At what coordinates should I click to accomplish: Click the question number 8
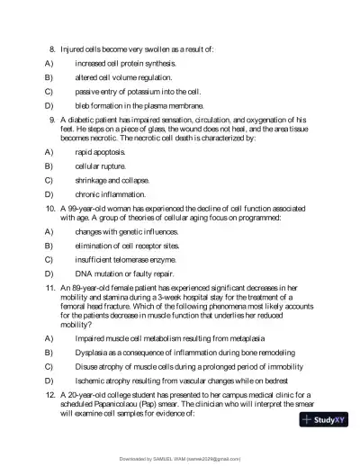coord(52,49)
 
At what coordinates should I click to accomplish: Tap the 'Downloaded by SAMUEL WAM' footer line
coord(179,459)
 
